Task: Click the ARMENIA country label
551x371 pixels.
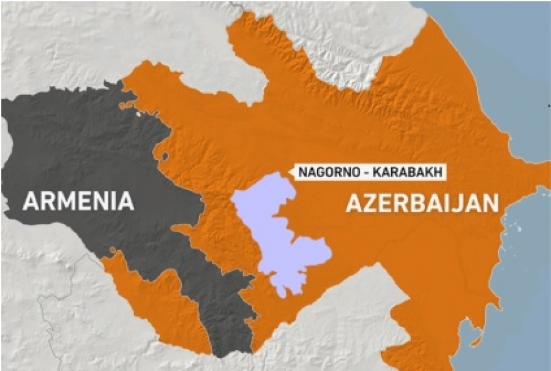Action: point(78,201)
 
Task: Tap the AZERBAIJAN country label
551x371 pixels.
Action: point(422,203)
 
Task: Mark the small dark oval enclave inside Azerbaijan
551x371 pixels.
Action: point(164,156)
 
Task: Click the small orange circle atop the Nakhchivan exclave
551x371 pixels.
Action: point(113,248)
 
